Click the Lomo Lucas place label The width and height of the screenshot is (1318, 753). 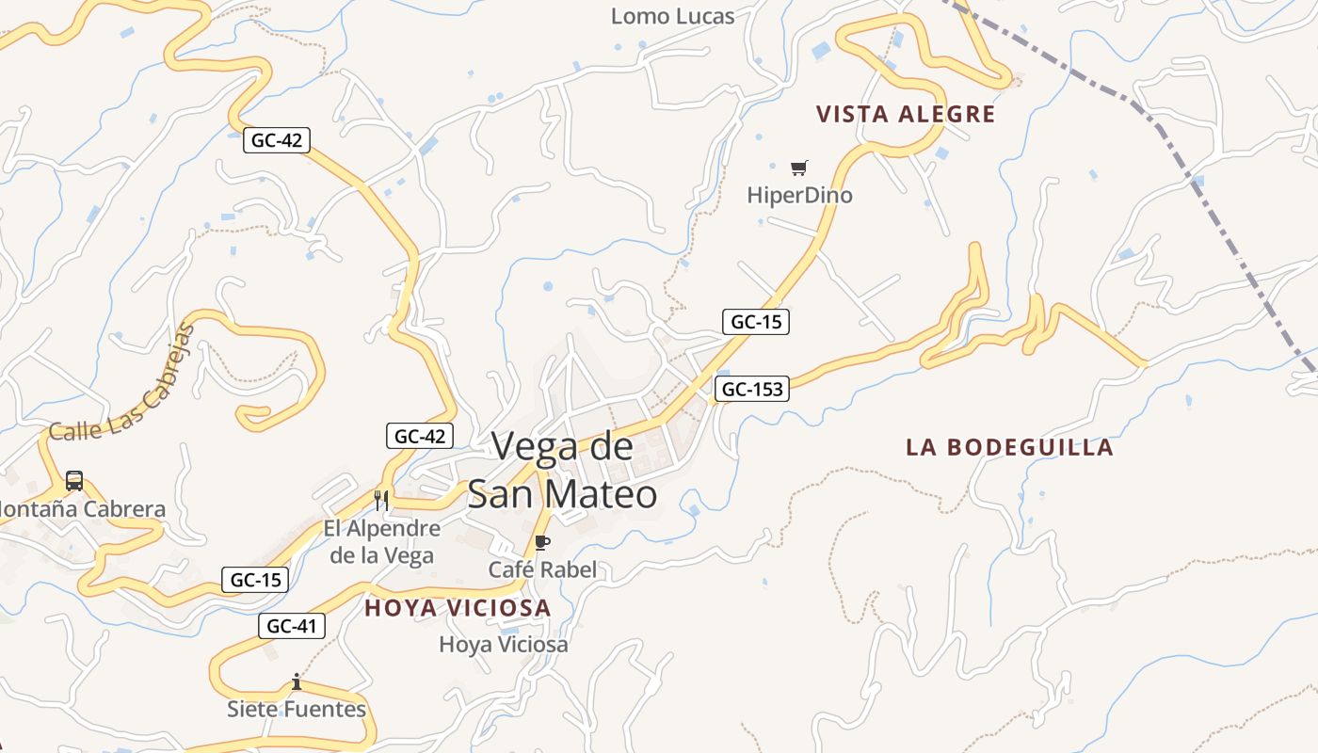(x=672, y=16)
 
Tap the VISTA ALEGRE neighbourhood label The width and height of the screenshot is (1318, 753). (x=905, y=115)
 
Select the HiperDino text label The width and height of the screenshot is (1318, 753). (x=799, y=196)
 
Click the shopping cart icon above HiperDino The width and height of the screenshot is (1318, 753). (x=798, y=168)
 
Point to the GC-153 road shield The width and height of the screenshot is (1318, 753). (x=751, y=389)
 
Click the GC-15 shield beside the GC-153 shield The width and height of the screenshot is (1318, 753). (x=756, y=322)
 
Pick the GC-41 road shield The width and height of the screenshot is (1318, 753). (x=292, y=626)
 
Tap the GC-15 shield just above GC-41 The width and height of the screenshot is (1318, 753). (x=255, y=580)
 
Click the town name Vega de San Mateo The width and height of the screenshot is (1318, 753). (x=562, y=469)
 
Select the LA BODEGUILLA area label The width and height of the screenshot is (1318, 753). (x=1009, y=447)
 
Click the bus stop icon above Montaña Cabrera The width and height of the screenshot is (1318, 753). (x=74, y=481)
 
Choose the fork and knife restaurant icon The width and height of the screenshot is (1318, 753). (x=381, y=500)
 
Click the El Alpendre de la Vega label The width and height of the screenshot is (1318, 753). (x=381, y=541)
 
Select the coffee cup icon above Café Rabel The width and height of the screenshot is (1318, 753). (x=541, y=542)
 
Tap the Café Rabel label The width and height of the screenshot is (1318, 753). (x=542, y=569)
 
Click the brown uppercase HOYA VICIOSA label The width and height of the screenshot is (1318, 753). (x=458, y=608)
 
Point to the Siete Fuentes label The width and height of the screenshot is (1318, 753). (x=297, y=709)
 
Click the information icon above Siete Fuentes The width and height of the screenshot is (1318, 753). (x=297, y=681)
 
